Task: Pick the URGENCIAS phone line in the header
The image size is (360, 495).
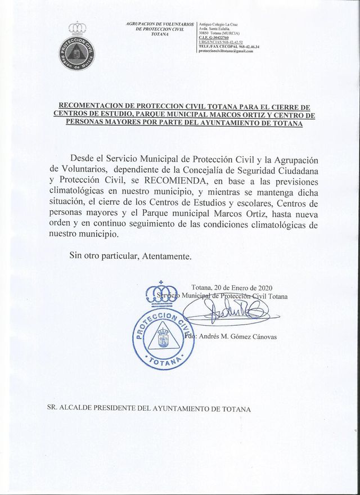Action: pos(220,42)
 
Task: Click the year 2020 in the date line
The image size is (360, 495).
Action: pos(262,288)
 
